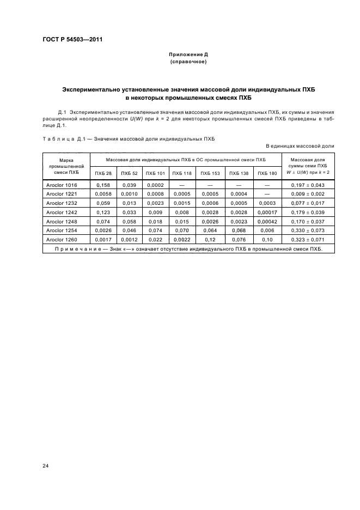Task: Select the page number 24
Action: coord(45,465)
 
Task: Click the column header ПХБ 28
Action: coord(103,173)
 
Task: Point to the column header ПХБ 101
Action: coord(155,173)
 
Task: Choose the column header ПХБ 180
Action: coord(267,173)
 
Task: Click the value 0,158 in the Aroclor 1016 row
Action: coord(103,185)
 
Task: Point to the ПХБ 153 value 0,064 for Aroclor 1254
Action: coord(209,231)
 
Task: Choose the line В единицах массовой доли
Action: coord(300,146)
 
